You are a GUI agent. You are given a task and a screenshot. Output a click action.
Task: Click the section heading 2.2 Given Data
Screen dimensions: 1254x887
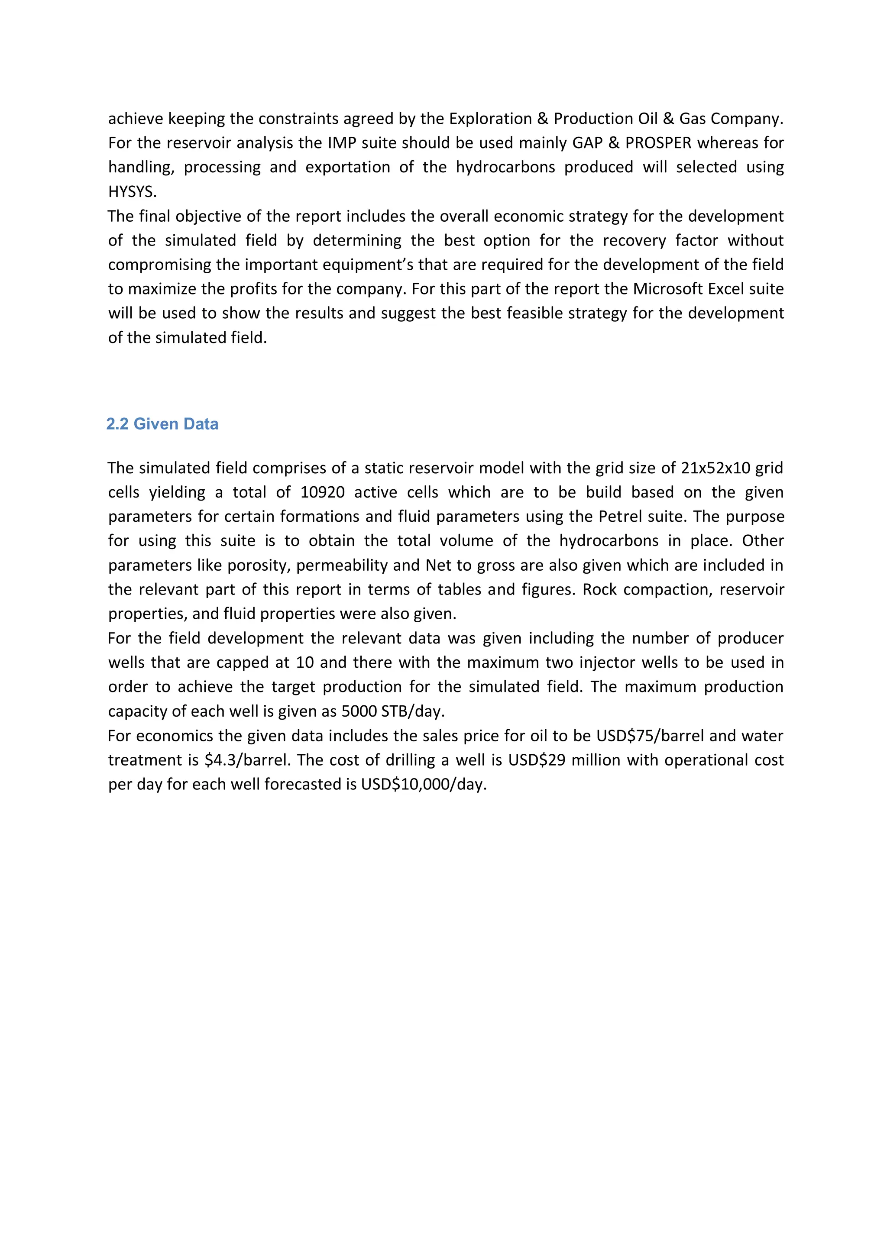pos(162,424)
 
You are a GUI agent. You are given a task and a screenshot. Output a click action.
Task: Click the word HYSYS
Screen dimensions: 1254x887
pos(132,192)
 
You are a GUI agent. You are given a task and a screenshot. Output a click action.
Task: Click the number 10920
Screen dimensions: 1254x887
pos(322,493)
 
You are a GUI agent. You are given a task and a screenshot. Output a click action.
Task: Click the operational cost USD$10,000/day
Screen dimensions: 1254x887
pos(423,785)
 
